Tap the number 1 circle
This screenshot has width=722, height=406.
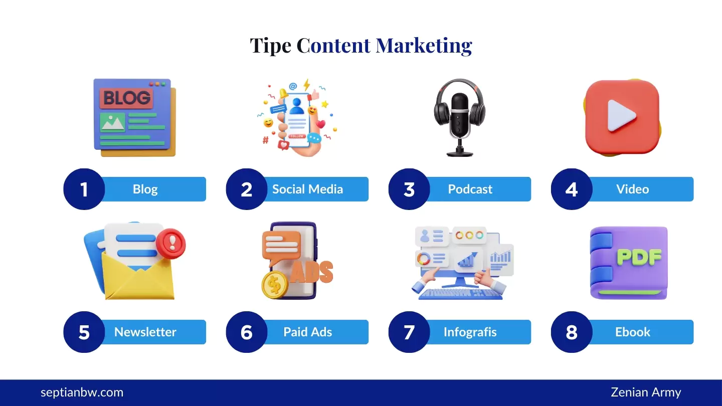(84, 189)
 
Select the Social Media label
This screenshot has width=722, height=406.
(307, 189)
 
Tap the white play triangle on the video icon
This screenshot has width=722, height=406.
(621, 116)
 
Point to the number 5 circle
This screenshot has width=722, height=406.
(84, 332)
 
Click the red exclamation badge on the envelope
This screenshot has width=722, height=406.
(171, 244)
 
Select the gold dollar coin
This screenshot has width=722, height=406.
(275, 285)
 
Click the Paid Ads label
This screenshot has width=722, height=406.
(307, 332)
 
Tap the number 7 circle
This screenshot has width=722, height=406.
(409, 332)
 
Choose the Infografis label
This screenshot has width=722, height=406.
(470, 332)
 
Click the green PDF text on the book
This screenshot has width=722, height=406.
(639, 257)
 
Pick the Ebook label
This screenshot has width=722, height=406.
(632, 332)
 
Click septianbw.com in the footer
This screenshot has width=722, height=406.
(82, 392)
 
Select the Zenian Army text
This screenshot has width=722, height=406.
(646, 392)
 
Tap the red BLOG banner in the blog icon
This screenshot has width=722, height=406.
(126, 98)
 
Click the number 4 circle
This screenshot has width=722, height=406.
(571, 189)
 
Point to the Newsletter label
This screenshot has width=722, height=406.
(145, 332)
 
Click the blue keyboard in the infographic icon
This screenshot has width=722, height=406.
(460, 294)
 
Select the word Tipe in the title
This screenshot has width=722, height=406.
(270, 46)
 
